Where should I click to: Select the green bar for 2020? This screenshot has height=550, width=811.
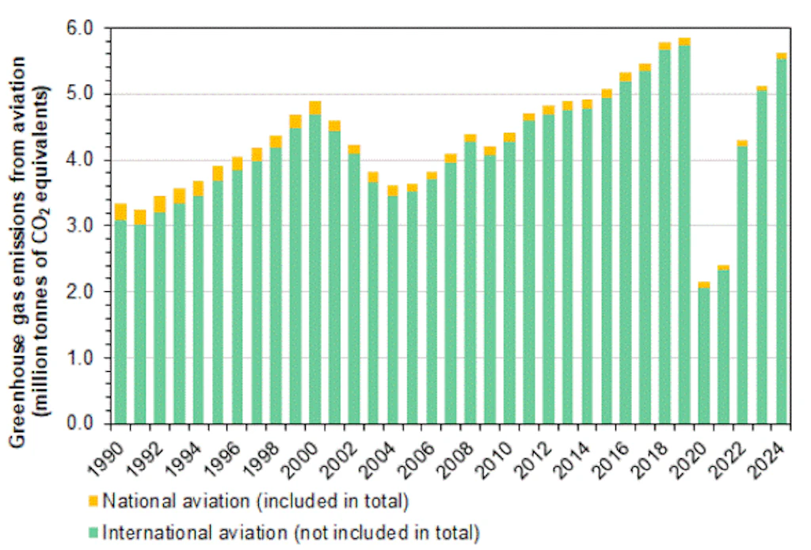coord(703,355)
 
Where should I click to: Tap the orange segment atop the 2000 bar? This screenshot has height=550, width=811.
coord(314,108)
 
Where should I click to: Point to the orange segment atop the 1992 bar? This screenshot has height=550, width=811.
coord(159,204)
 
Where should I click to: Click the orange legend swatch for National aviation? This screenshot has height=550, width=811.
coord(93,500)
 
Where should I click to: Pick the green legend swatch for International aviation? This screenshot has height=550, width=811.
coord(93,531)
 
